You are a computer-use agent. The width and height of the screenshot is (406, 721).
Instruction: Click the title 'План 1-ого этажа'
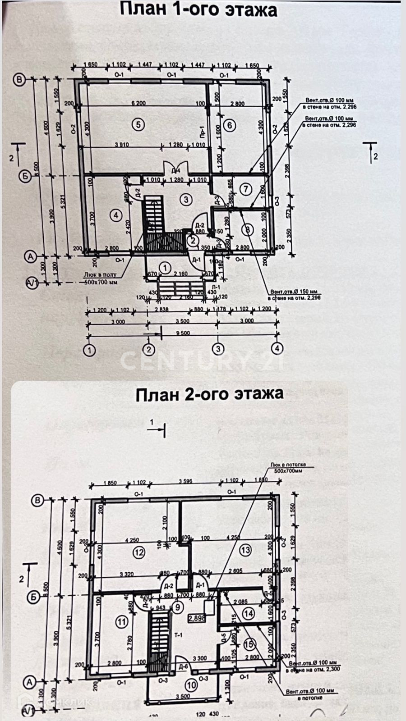198,9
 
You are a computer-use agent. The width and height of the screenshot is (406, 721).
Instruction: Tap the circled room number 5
138,125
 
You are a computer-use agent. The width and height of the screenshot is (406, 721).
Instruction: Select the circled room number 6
230,125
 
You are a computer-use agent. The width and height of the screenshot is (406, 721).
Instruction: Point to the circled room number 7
245,189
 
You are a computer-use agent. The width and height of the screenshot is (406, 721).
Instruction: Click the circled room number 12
138,552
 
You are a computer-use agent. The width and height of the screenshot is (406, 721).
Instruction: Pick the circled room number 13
245,550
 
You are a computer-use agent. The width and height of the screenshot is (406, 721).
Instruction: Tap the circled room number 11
122,622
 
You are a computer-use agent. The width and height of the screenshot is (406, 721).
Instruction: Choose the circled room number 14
248,613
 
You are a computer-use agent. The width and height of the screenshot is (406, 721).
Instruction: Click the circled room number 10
192,685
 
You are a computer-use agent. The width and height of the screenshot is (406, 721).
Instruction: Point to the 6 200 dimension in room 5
138,103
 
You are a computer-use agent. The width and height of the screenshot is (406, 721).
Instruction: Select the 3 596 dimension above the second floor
185,481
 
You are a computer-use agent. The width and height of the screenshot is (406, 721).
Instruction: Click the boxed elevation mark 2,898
197,618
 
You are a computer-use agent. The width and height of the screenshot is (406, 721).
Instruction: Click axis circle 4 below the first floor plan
277,348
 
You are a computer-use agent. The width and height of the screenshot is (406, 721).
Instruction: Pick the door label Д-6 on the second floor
183,666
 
